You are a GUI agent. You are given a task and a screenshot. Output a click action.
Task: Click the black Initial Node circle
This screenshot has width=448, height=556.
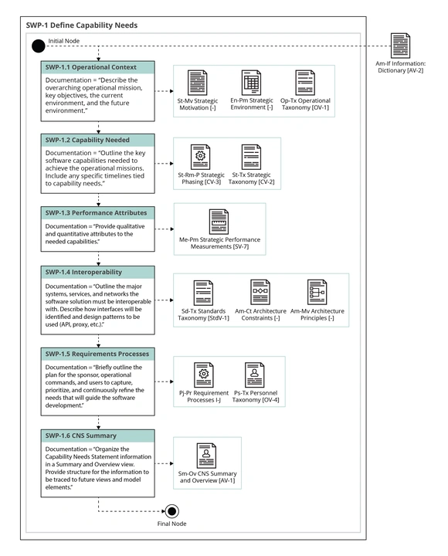click(38, 46)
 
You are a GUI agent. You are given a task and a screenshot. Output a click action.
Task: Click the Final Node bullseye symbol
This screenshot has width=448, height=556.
click(172, 510)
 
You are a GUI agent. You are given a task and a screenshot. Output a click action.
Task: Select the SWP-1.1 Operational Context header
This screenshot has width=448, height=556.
click(98, 68)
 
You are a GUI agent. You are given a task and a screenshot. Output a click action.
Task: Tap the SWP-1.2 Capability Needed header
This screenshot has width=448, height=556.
click(98, 141)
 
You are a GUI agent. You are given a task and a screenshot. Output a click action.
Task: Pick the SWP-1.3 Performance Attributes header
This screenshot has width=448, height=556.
click(98, 211)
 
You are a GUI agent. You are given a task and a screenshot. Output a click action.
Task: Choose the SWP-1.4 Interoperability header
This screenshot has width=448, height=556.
click(98, 273)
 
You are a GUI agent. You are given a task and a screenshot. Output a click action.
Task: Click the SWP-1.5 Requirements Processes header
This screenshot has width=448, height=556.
click(98, 353)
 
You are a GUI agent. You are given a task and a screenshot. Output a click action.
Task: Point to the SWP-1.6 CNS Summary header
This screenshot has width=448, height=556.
click(98, 436)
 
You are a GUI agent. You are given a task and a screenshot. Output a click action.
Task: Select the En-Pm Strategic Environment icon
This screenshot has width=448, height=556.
click(252, 82)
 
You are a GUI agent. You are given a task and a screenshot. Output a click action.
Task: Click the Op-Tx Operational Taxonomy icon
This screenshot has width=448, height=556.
click(304, 82)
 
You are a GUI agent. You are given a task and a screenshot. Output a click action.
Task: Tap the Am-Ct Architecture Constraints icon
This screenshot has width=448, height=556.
click(260, 291)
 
